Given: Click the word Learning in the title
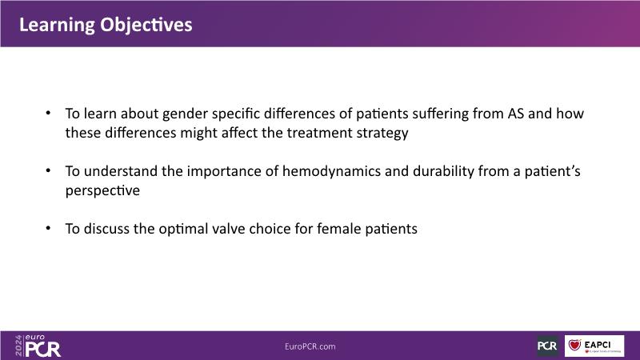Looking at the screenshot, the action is (x=57, y=26).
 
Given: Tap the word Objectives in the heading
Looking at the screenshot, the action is (x=146, y=26).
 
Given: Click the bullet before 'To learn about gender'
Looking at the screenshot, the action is (x=48, y=113).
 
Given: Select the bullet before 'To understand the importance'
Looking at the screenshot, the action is (x=48, y=170).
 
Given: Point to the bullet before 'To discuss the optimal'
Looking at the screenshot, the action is (x=48, y=228).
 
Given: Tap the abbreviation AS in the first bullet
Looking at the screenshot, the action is (x=515, y=114).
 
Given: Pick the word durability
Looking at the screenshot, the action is (x=443, y=171).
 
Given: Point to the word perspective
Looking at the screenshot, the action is (x=102, y=191).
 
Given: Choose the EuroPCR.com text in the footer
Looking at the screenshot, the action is (x=310, y=346).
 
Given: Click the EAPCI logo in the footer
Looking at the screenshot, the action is (x=594, y=346).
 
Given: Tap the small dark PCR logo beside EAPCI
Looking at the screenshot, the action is (x=547, y=346).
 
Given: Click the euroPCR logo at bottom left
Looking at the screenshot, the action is (x=38, y=346).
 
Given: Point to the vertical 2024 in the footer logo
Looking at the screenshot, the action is (x=18, y=346).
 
